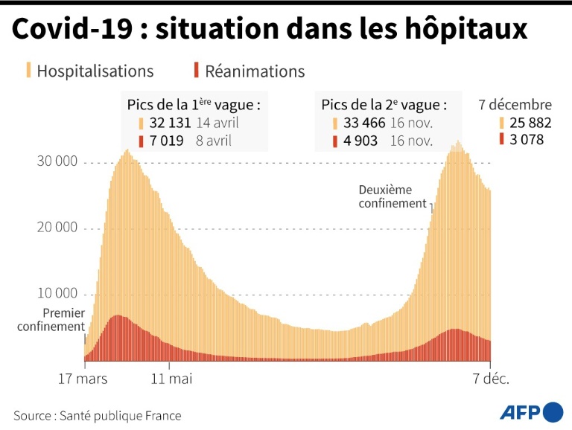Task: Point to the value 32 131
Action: click(170, 123)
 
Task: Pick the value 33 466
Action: click(362, 123)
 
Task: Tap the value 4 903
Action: click(360, 141)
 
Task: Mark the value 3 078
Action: click(526, 140)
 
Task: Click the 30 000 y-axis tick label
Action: click(57, 162)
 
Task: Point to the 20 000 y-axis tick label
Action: click(57, 228)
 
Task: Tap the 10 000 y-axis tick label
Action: click(57, 293)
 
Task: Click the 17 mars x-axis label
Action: click(83, 379)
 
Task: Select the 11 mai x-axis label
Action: click(171, 379)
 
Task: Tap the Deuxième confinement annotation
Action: click(393, 196)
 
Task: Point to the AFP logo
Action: click(530, 411)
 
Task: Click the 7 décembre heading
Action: click(515, 105)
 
